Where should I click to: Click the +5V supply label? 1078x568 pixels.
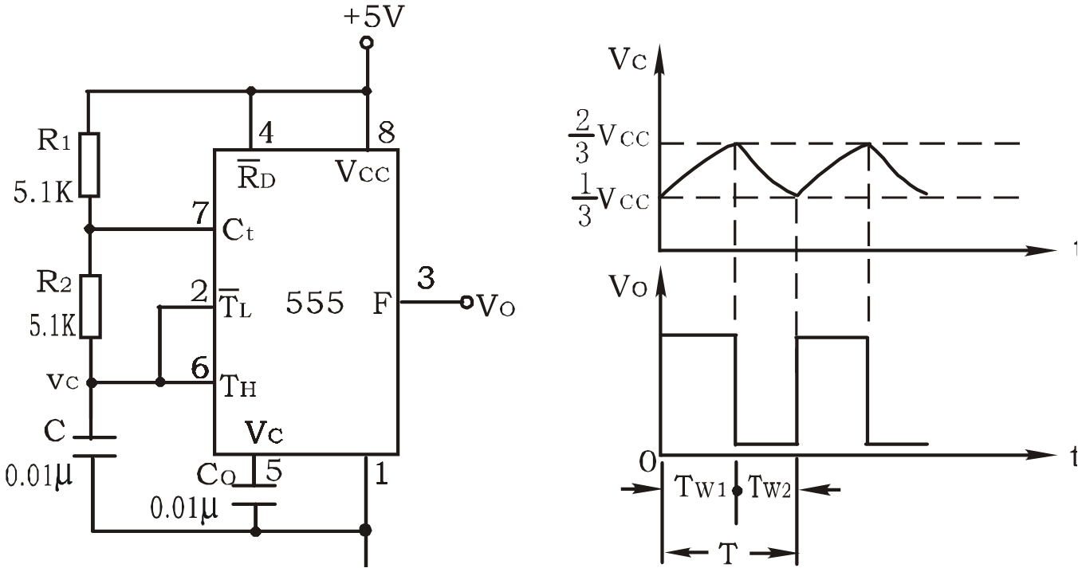(x=373, y=17)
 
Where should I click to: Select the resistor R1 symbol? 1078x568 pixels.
(x=91, y=165)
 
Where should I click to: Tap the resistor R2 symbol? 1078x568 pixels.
(x=91, y=306)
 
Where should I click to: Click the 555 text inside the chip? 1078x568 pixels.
(x=315, y=304)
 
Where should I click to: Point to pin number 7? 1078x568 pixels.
(x=200, y=213)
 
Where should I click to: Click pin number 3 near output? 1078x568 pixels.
(x=427, y=279)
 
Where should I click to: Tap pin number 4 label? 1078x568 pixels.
(x=266, y=132)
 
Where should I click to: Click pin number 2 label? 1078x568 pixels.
(x=200, y=291)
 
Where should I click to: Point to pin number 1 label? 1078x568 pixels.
(x=381, y=475)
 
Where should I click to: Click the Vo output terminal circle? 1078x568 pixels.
(x=467, y=302)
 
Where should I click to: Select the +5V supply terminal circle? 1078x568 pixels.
(x=367, y=42)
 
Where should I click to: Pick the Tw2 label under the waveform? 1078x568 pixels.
(x=767, y=488)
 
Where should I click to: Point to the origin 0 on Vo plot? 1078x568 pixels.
(x=648, y=460)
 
